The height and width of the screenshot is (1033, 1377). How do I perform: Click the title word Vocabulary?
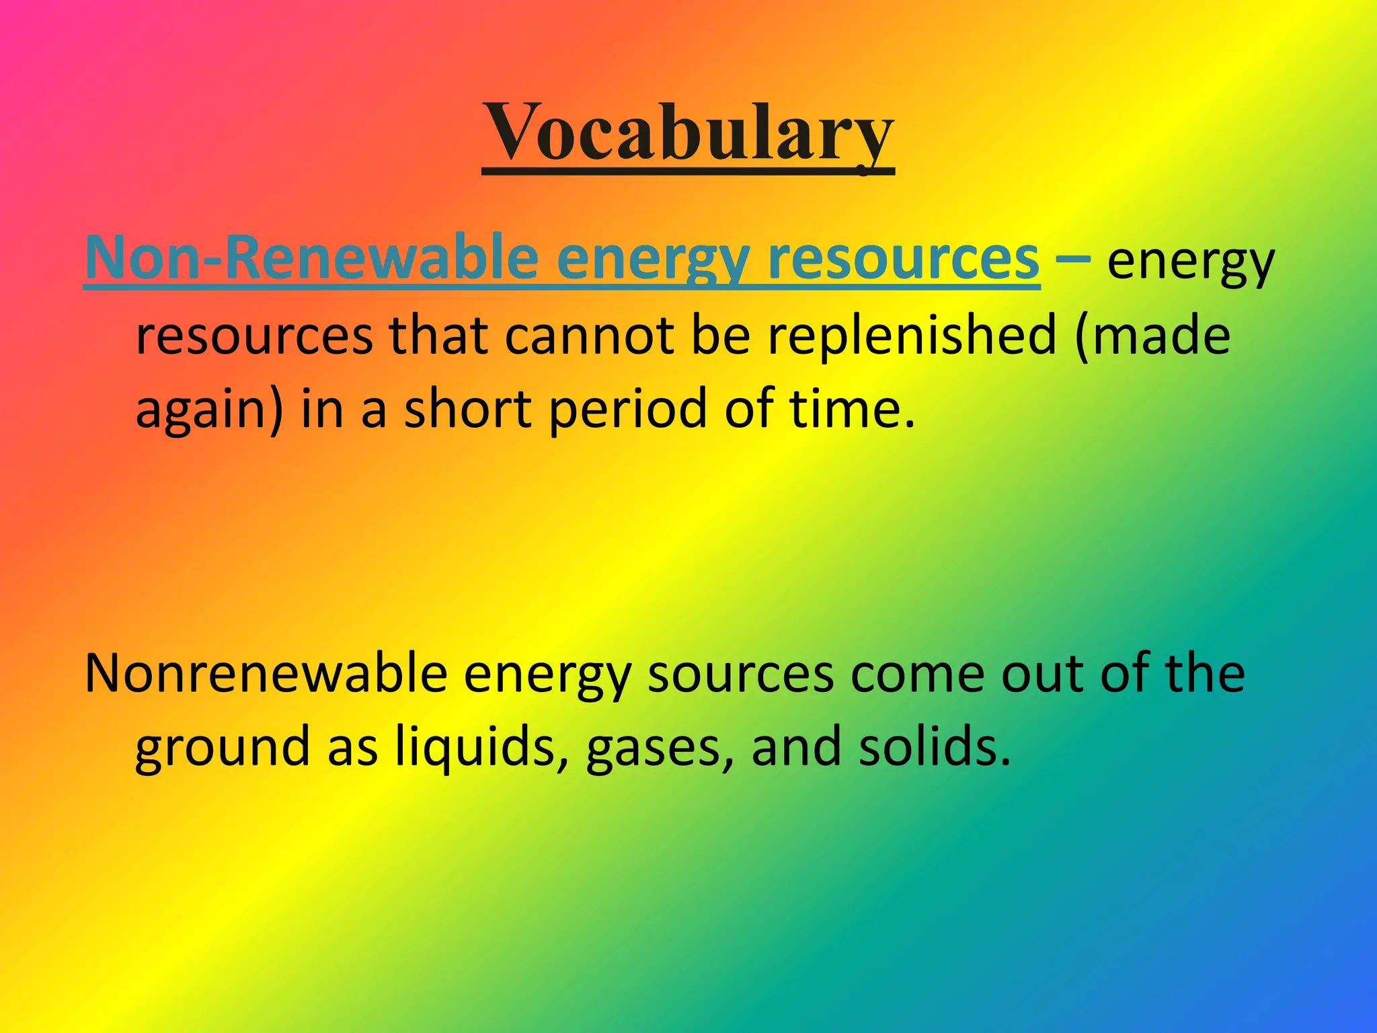(x=688, y=132)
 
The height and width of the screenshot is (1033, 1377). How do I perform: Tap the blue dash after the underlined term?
(x=1073, y=258)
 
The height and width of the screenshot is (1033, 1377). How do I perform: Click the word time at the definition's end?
(x=851, y=409)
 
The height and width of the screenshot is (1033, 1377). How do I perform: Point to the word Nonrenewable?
(x=266, y=673)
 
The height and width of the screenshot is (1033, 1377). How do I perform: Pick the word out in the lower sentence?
(x=1041, y=675)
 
